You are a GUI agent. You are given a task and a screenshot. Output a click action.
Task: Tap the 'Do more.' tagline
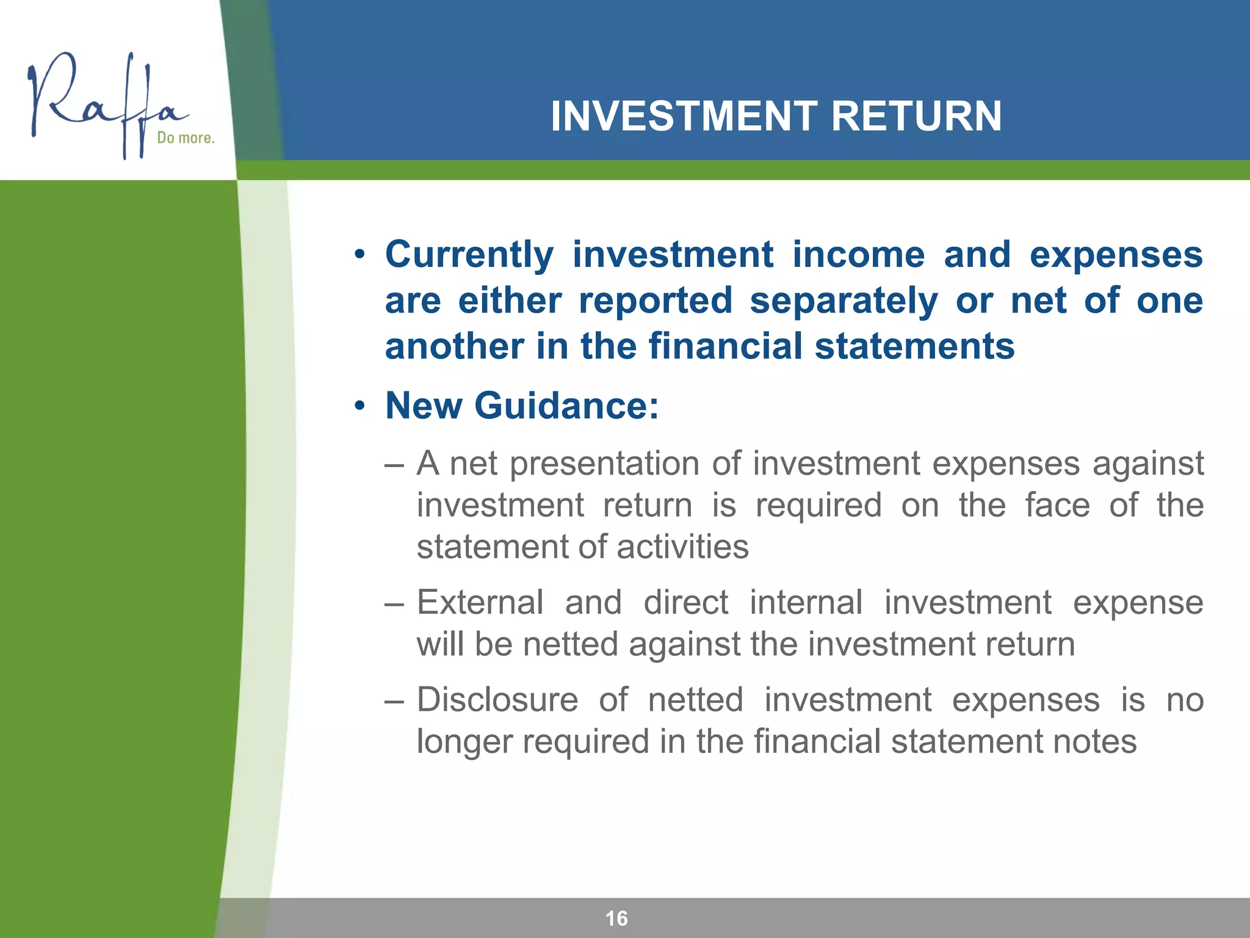(x=186, y=138)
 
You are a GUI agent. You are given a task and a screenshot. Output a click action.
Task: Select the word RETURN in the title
(x=916, y=116)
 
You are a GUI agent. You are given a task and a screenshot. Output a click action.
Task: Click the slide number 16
(x=616, y=918)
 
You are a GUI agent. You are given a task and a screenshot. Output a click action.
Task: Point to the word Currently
(x=469, y=255)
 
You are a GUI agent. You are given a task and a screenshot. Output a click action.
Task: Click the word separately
(x=844, y=302)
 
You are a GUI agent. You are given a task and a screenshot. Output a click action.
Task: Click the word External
(x=480, y=603)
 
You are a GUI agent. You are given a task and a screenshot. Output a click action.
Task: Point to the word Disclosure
(x=497, y=700)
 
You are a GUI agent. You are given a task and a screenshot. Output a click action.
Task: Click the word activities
(x=682, y=547)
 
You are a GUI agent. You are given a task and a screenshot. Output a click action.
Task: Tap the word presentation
(x=604, y=464)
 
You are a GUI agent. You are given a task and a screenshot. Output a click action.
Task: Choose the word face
(x=1057, y=506)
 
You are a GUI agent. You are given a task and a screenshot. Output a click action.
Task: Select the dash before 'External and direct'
(x=394, y=604)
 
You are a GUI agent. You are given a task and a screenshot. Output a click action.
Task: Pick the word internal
(x=806, y=603)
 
